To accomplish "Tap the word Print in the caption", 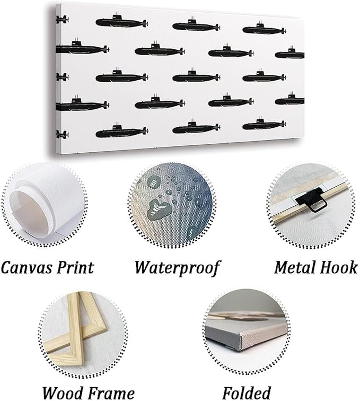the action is pyautogui.click(x=75, y=267).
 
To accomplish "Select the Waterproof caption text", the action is pyautogui.click(x=177, y=268).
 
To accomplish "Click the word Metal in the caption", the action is pyautogui.click(x=294, y=267).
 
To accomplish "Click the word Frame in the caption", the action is pyautogui.click(x=109, y=393).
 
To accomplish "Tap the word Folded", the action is pyautogui.click(x=247, y=393).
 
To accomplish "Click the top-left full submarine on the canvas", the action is pyautogui.click(x=122, y=21).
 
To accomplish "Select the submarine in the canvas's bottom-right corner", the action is pyautogui.click(x=264, y=124).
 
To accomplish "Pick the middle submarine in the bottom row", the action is pyautogui.click(x=196, y=127).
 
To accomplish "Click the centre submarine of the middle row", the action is pyautogui.click(x=196, y=76).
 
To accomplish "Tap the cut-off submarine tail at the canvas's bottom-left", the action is pyautogui.click(x=62, y=134).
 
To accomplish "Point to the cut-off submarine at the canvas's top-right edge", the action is pyautogui.click(x=289, y=53).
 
